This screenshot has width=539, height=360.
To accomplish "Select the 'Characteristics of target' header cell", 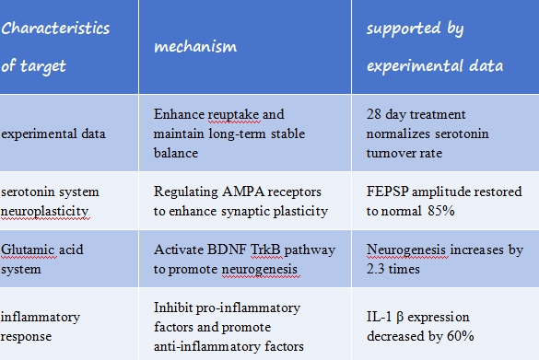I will coord(55,46).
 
